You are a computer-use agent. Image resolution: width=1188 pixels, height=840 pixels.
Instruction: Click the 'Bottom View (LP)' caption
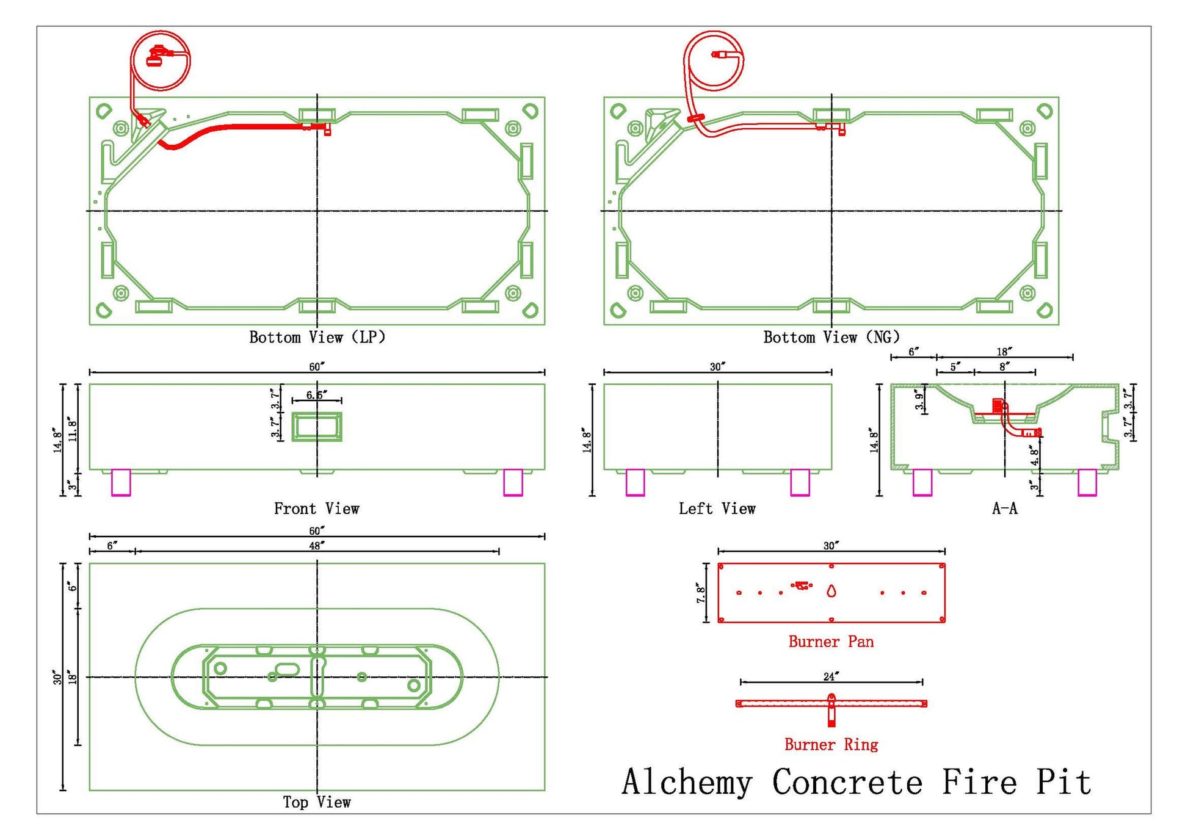[x=317, y=337]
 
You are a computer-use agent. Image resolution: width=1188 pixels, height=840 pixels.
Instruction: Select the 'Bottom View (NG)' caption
[x=831, y=337]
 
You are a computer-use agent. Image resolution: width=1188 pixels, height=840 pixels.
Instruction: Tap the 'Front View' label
[x=317, y=509]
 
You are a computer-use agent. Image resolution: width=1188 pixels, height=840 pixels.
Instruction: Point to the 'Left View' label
[x=717, y=509]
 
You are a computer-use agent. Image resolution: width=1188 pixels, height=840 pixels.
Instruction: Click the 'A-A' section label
[x=1005, y=509]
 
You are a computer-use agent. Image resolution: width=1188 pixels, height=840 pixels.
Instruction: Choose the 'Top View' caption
[x=317, y=802]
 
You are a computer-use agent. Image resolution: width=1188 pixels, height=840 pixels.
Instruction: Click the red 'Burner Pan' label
[x=831, y=642]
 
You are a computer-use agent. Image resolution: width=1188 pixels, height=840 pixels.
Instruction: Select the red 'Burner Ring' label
[x=831, y=745]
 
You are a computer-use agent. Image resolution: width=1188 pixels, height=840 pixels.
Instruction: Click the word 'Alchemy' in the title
[x=687, y=783]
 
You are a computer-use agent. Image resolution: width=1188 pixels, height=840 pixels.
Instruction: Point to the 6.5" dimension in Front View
[x=316, y=395]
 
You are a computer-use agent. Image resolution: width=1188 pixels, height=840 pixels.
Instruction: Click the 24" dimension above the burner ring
[x=831, y=676]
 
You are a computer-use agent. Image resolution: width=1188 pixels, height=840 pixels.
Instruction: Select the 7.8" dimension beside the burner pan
[x=700, y=593]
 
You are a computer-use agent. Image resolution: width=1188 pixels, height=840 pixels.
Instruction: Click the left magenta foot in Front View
[x=121, y=482]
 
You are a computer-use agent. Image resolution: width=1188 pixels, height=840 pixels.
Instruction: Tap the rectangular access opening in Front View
[x=317, y=427]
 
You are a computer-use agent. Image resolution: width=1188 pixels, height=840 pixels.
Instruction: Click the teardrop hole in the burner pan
[x=831, y=591]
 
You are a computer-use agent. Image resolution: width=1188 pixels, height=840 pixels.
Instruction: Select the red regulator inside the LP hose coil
[x=157, y=57]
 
